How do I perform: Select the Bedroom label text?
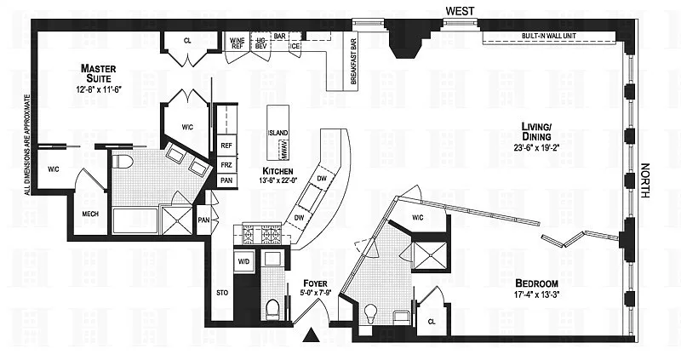tap(536, 283)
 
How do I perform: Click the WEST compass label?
tap(461, 10)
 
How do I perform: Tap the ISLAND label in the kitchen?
tap(278, 134)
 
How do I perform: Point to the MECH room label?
tap(90, 215)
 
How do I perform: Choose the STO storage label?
tap(222, 294)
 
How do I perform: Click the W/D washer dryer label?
tap(244, 261)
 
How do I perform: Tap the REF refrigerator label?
tap(226, 146)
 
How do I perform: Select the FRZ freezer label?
tap(226, 164)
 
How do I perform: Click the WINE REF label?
tap(237, 43)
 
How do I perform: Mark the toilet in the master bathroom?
tap(121, 161)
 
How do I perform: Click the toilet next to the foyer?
tap(273, 307)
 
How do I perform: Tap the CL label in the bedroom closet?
tap(432, 323)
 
